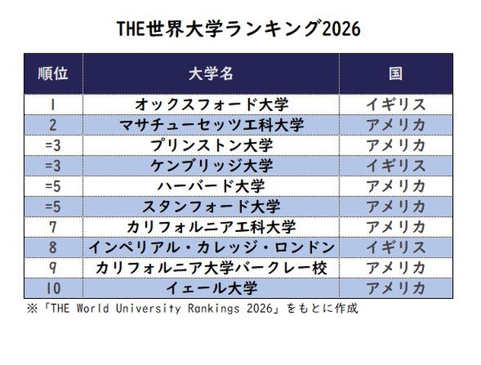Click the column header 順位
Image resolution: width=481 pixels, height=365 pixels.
(x=53, y=74)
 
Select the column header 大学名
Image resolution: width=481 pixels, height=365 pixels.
(x=210, y=74)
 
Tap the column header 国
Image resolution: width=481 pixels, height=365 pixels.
(x=394, y=74)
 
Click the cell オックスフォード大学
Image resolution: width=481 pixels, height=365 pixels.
(x=211, y=104)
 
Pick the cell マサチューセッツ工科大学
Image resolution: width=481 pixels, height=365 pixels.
(x=211, y=125)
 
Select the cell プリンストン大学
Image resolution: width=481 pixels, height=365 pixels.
(x=211, y=145)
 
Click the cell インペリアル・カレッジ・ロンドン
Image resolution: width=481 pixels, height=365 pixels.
(x=211, y=248)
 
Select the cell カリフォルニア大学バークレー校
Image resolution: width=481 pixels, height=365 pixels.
(x=211, y=268)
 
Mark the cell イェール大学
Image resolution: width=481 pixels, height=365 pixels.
(x=211, y=289)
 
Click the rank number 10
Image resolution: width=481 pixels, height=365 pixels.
(x=53, y=289)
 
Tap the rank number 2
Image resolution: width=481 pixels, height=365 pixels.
(x=53, y=125)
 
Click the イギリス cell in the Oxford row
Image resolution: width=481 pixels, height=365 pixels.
(x=394, y=104)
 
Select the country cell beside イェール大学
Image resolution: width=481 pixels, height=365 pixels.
(x=394, y=289)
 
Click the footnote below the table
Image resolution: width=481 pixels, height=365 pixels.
(x=191, y=309)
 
